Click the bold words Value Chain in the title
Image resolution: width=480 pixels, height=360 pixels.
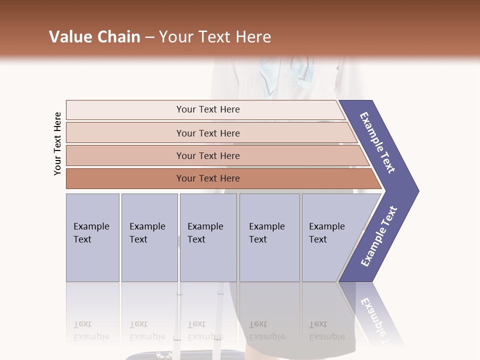pos(94,37)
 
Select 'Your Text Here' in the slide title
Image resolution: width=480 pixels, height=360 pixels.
pos(215,37)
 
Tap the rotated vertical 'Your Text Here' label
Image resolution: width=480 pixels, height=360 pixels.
pos(57,143)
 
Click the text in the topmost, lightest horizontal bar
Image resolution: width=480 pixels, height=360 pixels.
pos(208,109)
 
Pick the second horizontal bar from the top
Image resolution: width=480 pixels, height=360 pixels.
pos(208,133)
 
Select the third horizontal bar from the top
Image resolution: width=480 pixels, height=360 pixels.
pos(208,155)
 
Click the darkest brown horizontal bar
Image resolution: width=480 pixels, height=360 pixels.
pos(208,178)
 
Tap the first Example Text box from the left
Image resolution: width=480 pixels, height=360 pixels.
pos(92,237)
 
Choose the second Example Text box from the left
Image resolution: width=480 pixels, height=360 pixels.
pos(149,237)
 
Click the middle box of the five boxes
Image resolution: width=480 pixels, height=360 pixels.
pos(208,237)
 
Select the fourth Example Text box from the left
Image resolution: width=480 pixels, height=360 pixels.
pos(269,237)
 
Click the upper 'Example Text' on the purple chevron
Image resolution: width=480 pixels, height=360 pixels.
pos(378,142)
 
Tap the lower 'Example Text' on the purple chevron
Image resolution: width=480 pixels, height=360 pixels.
pos(378,236)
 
